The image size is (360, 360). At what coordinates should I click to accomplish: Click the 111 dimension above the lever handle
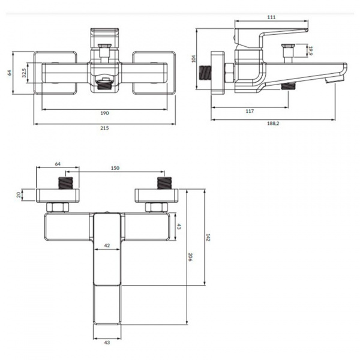(271, 17)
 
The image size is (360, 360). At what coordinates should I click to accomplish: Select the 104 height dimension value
(194, 59)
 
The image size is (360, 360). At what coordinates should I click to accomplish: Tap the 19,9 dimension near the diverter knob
(310, 51)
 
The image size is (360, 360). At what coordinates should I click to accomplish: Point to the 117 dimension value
(250, 111)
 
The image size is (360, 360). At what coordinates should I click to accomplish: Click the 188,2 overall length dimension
(273, 124)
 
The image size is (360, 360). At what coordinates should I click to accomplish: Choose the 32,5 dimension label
(25, 73)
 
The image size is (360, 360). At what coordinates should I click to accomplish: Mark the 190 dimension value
(104, 113)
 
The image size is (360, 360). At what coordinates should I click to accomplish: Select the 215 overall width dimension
(104, 128)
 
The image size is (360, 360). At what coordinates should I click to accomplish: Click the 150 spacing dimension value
(115, 168)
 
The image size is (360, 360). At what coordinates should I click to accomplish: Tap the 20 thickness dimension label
(19, 195)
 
